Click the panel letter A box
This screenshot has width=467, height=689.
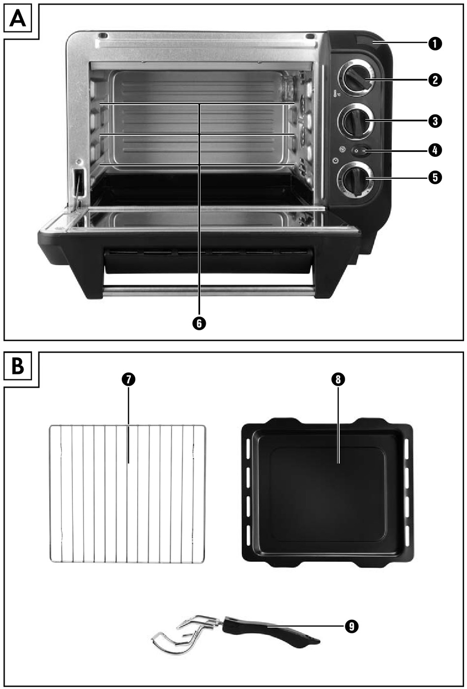pos(18,20)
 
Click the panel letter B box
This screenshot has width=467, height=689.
pos(18,366)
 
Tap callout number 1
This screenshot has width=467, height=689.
pos(435,43)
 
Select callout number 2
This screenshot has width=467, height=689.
pos(435,80)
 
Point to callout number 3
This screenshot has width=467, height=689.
pos(435,121)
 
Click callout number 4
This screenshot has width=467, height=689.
pos(435,150)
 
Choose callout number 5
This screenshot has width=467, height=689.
pos(435,177)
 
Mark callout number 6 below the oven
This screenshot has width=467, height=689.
pos(200,323)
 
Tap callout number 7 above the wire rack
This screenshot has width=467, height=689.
pos(128,380)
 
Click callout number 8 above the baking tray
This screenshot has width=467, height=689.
pos(339,379)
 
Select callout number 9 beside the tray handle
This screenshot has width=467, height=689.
pos(351,626)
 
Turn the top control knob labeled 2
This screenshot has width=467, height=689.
pos(356,78)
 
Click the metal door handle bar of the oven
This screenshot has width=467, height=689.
pos(208,292)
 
